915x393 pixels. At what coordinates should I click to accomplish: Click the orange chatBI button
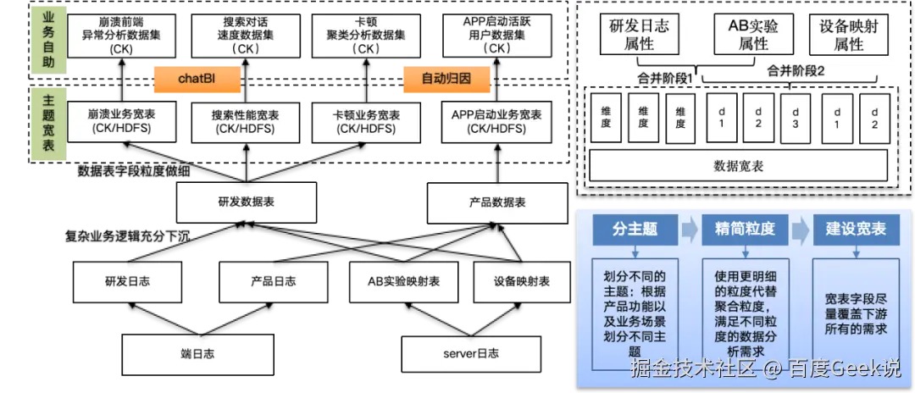pyautogui.click(x=196, y=79)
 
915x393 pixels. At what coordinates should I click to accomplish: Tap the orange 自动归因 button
pyautogui.click(x=446, y=79)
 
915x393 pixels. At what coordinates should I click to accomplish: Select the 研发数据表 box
pyautogui.click(x=240, y=203)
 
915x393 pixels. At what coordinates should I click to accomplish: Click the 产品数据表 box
pyautogui.click(x=496, y=203)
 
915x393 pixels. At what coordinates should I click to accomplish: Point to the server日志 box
pyautogui.click(x=470, y=353)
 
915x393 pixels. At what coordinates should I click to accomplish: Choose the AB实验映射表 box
pyautogui.click(x=403, y=281)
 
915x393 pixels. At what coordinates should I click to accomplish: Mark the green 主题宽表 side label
pyautogui.click(x=48, y=124)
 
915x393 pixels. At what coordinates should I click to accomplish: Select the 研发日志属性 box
pyautogui.click(x=639, y=35)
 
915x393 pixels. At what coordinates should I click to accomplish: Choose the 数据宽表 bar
pyautogui.click(x=738, y=166)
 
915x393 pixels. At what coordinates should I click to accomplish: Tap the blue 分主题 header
pyautogui.click(x=635, y=229)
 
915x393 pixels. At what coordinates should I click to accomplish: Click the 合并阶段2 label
pyautogui.click(x=796, y=71)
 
